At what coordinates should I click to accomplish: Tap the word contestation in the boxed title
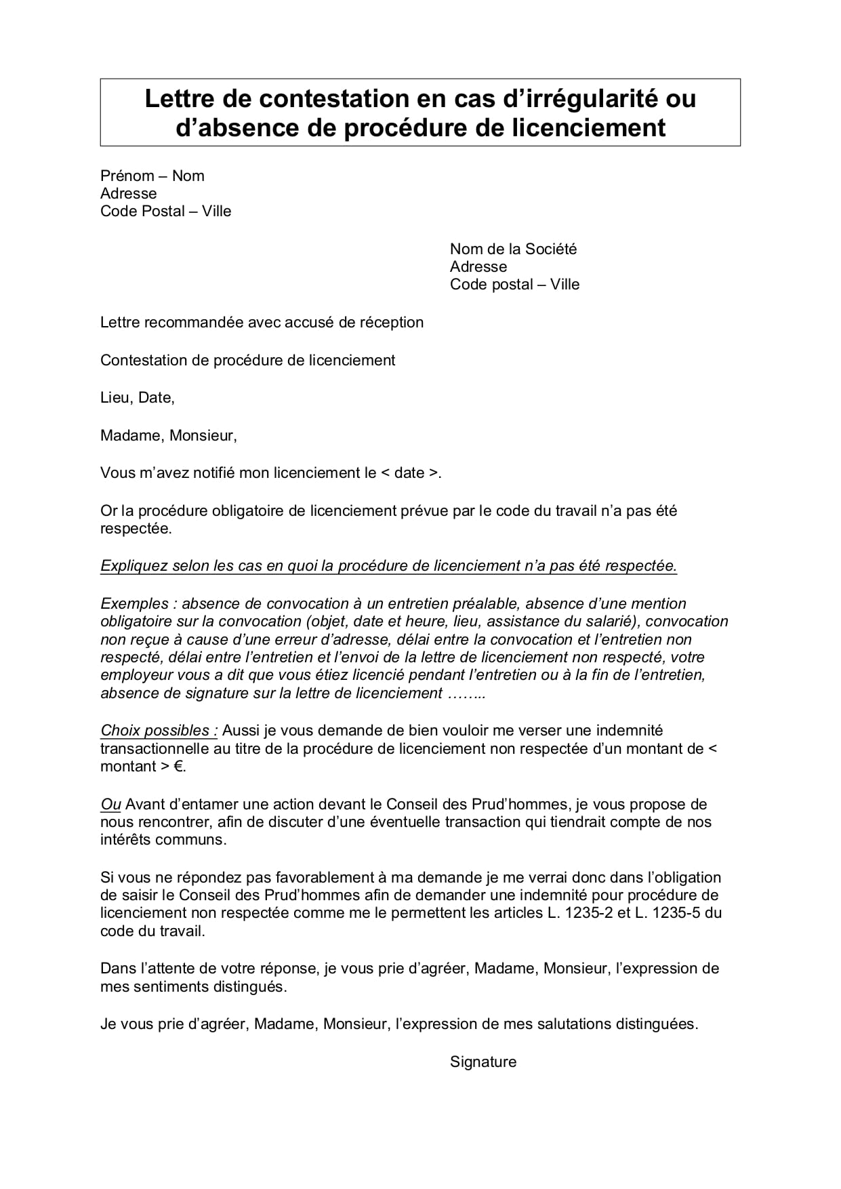click(329, 99)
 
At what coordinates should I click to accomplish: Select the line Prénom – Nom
click(152, 176)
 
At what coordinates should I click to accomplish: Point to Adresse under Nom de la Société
click(478, 267)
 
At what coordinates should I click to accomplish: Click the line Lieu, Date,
click(138, 398)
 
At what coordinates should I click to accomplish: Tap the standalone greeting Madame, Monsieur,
click(169, 436)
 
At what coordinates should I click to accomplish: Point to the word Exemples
click(134, 604)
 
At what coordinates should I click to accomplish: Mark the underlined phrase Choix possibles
click(158, 731)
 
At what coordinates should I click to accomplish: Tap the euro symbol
click(178, 767)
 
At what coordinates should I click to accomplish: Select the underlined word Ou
click(110, 805)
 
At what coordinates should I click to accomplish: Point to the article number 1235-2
click(590, 913)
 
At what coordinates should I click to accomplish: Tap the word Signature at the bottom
click(483, 1062)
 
